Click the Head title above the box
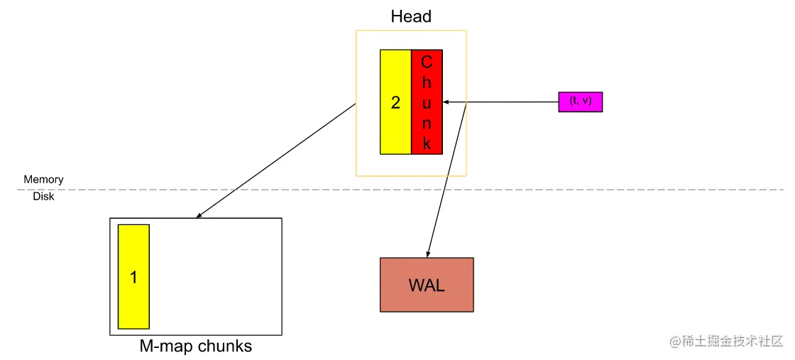(411, 16)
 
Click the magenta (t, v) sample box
(580, 102)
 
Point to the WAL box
(427, 285)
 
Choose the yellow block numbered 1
(133, 277)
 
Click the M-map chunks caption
(195, 347)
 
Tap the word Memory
(43, 180)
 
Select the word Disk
(43, 197)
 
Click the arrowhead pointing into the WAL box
(428, 253)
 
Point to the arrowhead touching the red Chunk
(447, 102)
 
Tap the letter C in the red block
(427, 62)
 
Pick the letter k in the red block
(427, 143)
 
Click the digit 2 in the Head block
(395, 102)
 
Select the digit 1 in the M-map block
(133, 277)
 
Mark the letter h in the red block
(427, 82)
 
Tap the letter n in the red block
(427, 123)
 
